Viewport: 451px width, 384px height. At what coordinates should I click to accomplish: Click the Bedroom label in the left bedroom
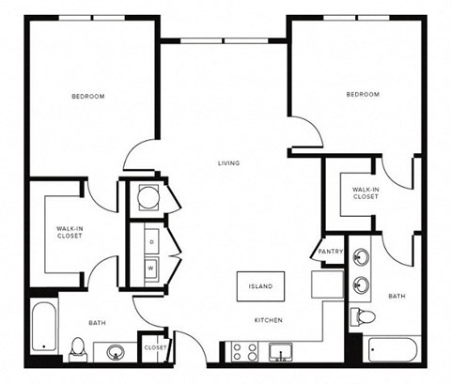tap(87, 97)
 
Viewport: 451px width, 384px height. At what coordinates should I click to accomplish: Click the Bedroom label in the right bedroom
tap(362, 95)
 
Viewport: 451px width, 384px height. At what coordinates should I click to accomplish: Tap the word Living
tap(227, 163)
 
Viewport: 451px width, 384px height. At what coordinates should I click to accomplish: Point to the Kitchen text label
tap(268, 321)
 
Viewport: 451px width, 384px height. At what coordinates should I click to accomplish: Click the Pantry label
tap(330, 252)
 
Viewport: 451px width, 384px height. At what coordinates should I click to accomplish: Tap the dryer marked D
tap(151, 241)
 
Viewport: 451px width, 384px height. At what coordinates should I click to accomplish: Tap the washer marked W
tap(151, 267)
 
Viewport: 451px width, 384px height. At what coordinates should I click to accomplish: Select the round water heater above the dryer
tap(149, 198)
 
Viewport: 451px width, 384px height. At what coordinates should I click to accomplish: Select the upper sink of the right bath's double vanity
tap(360, 253)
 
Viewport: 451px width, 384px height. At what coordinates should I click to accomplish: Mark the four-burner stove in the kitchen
tap(244, 352)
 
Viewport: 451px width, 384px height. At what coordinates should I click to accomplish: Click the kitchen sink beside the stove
tap(280, 353)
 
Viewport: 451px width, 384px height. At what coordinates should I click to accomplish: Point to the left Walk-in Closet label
tap(69, 232)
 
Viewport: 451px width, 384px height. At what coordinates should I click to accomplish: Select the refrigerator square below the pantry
tap(327, 283)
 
